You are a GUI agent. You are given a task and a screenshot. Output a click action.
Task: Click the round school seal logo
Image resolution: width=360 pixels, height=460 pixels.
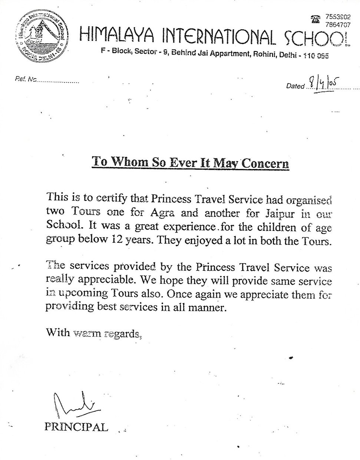coord(40,36)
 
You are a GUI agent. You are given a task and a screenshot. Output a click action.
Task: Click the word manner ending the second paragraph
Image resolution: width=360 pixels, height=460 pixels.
coord(209,308)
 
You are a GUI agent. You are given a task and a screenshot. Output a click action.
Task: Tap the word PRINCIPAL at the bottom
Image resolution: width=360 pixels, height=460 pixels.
coord(76,427)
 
